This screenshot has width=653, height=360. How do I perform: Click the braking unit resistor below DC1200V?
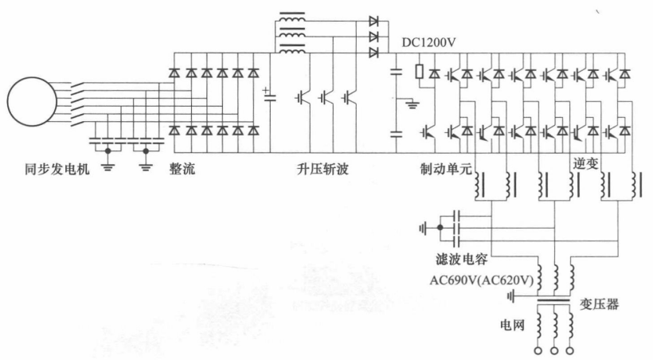coord(420,72)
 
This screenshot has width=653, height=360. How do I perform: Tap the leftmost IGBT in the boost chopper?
coord(303,98)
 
